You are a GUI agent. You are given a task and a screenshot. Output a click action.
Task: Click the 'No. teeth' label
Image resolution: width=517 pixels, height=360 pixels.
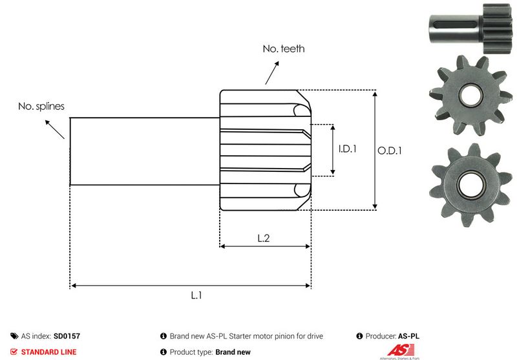283,48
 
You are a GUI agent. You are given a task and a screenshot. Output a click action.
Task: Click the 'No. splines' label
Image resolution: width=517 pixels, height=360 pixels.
41,106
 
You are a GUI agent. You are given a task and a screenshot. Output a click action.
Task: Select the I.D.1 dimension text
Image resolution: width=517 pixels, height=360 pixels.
348,149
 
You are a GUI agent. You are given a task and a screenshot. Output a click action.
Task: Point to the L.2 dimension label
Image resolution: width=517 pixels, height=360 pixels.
264,238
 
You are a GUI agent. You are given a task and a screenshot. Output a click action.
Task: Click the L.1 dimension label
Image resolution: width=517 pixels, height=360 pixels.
196,295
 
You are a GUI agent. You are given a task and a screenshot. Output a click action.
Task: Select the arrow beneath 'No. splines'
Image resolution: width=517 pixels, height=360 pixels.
55,129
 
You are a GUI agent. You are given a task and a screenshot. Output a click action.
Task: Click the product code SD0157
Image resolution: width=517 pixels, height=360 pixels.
67,336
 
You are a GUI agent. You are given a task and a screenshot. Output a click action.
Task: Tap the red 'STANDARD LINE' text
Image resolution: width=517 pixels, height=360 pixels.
49,352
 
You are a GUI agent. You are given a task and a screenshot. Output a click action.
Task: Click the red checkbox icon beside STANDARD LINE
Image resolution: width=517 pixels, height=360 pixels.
14,352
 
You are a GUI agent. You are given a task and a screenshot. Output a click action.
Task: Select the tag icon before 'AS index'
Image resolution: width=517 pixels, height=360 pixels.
14,336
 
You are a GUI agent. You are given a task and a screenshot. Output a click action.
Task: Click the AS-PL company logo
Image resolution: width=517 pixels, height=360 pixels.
391,351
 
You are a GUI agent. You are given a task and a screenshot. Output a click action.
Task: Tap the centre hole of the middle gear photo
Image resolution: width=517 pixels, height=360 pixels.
467,95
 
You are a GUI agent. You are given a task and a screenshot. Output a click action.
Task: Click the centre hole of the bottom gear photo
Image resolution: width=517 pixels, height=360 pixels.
467,184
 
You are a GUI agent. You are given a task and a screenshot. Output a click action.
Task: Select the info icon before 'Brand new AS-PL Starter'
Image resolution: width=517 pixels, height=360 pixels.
164,336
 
